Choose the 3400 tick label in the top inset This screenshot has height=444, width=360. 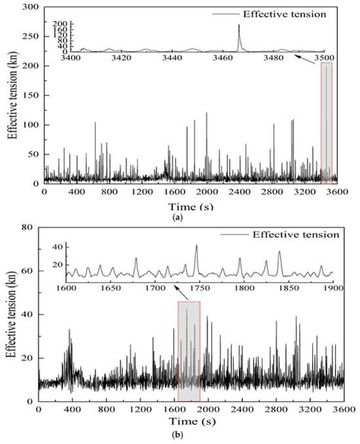coord(70,58)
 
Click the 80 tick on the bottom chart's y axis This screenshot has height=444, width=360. coord(31,227)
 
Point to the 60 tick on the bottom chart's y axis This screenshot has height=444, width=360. coord(31,271)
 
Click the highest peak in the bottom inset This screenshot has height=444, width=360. coord(196,246)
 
